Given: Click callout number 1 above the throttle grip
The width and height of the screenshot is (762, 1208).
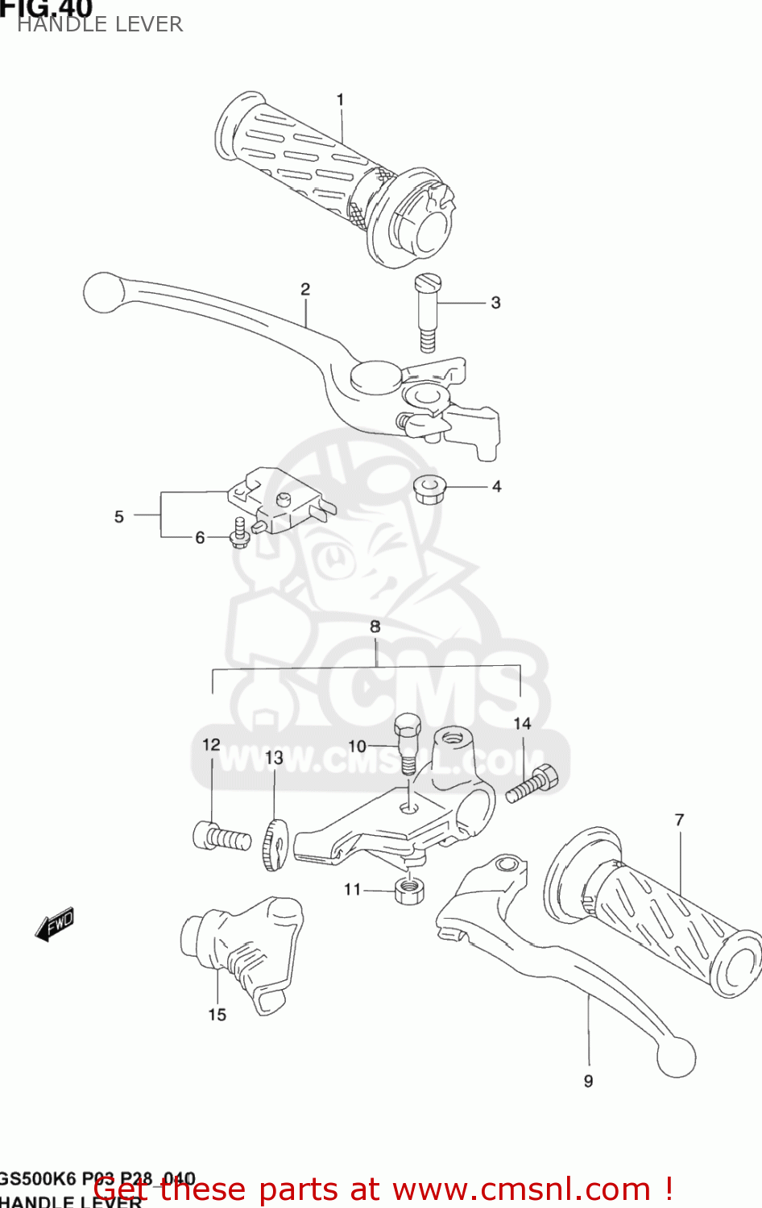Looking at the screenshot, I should pyautogui.click(x=340, y=99).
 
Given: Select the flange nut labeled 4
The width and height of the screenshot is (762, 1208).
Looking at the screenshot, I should pyautogui.click(x=428, y=489).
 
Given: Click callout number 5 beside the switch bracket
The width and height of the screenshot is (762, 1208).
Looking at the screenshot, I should pyautogui.click(x=119, y=517).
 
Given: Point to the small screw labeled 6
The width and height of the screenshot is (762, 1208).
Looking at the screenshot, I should pyautogui.click(x=239, y=535).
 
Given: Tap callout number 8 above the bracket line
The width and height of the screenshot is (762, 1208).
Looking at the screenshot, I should pyautogui.click(x=375, y=627).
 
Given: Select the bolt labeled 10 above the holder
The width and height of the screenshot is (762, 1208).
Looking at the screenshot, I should pyautogui.click(x=407, y=741).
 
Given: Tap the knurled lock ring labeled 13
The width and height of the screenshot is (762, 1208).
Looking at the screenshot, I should pyautogui.click(x=274, y=845).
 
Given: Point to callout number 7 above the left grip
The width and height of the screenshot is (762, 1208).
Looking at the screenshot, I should pyautogui.click(x=679, y=820).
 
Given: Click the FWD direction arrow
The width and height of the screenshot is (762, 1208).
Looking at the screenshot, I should pyautogui.click(x=55, y=925).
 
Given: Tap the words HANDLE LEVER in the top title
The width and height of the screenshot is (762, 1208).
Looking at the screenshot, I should pyautogui.click(x=100, y=24).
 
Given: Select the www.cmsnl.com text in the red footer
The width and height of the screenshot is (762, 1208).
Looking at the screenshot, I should pyautogui.click(x=520, y=1189).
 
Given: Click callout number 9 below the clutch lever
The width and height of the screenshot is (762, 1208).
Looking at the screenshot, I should pyautogui.click(x=589, y=1081).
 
